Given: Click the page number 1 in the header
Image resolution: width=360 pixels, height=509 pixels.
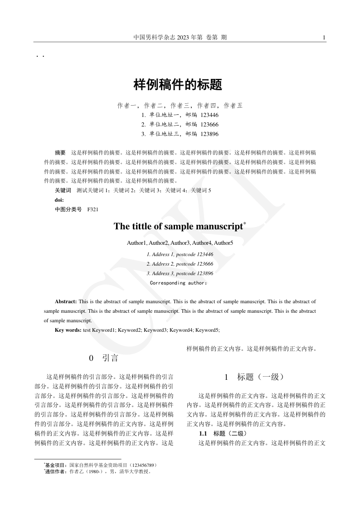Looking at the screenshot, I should pyautogui.click(x=324, y=38).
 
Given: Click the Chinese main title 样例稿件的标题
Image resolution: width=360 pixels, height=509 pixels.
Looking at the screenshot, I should pyautogui.click(x=178, y=84).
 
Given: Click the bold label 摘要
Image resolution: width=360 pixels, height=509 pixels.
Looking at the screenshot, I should pyautogui.click(x=60, y=152).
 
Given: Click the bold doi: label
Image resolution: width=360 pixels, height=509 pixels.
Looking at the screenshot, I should pyautogui.click(x=59, y=200).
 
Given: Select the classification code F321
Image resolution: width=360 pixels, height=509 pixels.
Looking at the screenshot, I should pyautogui.click(x=93, y=209).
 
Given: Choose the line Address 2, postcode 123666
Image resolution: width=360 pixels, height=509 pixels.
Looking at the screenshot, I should pyautogui.click(x=180, y=264).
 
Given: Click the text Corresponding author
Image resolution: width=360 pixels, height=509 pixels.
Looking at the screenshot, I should pyautogui.click(x=178, y=283).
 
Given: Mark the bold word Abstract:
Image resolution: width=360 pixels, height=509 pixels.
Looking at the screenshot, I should pyautogui.click(x=66, y=301).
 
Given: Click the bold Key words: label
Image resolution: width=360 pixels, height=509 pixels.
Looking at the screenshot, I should pyautogui.click(x=68, y=330).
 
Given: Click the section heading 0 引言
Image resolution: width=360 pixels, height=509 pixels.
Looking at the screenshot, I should pyautogui.click(x=104, y=359).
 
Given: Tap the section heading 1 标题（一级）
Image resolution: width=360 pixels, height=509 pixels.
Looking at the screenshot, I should pyautogui.click(x=254, y=377).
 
